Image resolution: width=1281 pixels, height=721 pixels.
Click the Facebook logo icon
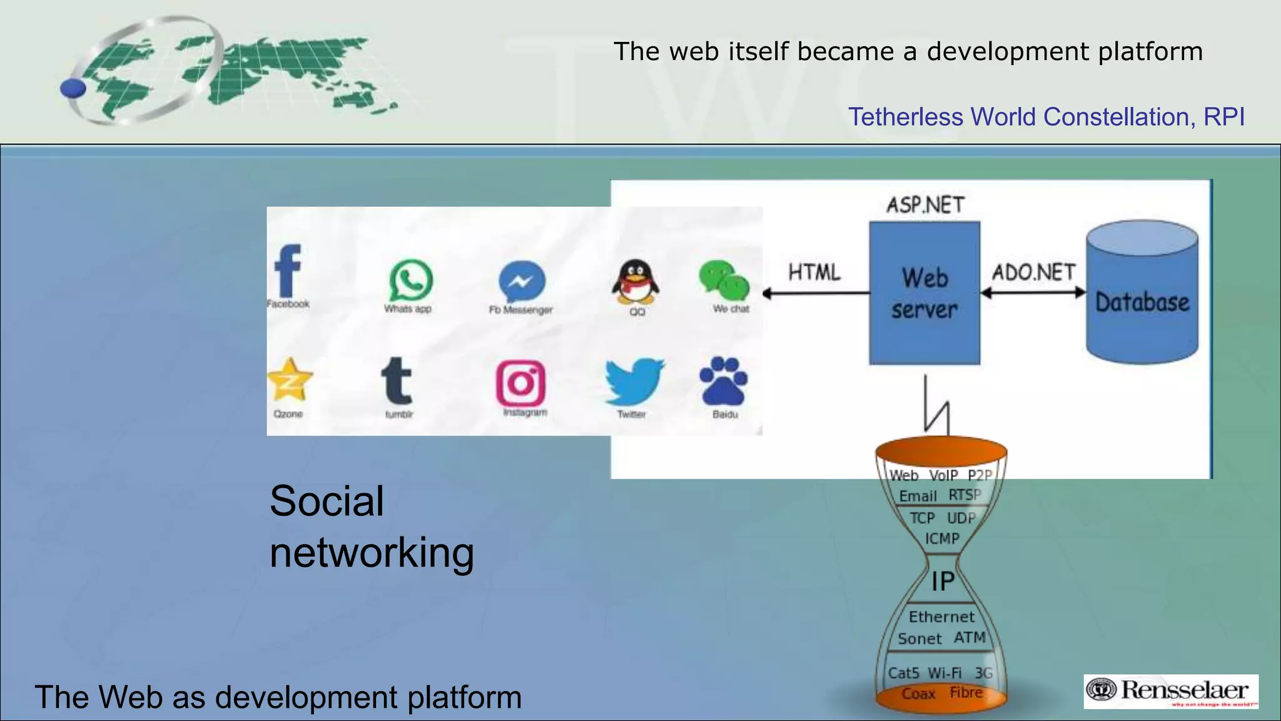click(x=288, y=270)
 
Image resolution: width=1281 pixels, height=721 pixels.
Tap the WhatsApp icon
click(x=410, y=280)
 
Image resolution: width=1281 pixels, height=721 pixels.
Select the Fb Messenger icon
click(x=522, y=282)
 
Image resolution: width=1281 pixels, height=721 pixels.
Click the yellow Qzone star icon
click(x=289, y=381)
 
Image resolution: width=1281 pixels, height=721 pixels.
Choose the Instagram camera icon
click(x=520, y=383)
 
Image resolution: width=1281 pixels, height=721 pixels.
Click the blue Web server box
click(x=924, y=293)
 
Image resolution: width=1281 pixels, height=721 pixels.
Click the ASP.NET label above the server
click(x=926, y=205)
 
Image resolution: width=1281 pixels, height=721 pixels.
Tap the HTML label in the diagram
click(x=814, y=272)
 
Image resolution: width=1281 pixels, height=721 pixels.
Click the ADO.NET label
click(x=1033, y=272)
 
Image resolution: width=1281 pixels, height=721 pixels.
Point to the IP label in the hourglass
click(x=943, y=581)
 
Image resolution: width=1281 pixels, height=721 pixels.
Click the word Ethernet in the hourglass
click(x=941, y=617)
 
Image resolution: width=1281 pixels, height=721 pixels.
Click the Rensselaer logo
click(x=1171, y=691)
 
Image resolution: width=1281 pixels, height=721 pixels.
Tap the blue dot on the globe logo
click(x=73, y=88)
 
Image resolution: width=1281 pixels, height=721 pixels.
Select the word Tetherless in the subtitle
click(x=905, y=117)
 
